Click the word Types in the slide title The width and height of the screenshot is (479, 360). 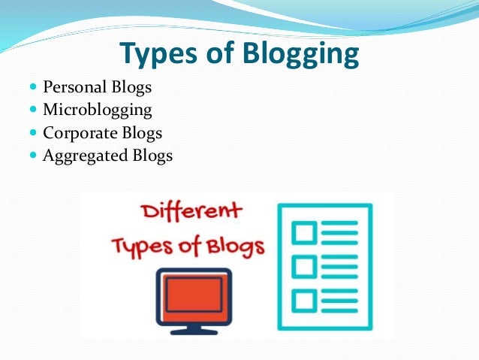158,53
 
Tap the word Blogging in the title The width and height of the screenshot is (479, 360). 301,53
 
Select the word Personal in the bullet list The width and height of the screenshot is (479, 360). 74,86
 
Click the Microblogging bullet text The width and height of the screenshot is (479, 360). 98,110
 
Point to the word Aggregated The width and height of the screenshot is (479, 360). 85,156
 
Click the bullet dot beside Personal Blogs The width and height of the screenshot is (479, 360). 33,86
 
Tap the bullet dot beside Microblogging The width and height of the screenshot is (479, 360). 33,109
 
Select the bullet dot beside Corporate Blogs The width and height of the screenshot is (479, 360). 33,132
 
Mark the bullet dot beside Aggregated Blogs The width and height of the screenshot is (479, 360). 33,155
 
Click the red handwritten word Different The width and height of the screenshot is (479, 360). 191,210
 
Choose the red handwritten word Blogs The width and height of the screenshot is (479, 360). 235,247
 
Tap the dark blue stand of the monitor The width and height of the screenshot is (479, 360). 194,330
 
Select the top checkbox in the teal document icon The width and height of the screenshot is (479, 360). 304,233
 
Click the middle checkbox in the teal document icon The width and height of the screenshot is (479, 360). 304,267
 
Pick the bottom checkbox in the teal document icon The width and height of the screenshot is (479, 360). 304,301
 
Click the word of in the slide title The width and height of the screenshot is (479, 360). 220,53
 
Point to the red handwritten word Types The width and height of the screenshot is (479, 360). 142,247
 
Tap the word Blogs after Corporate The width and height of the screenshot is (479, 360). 142,133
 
